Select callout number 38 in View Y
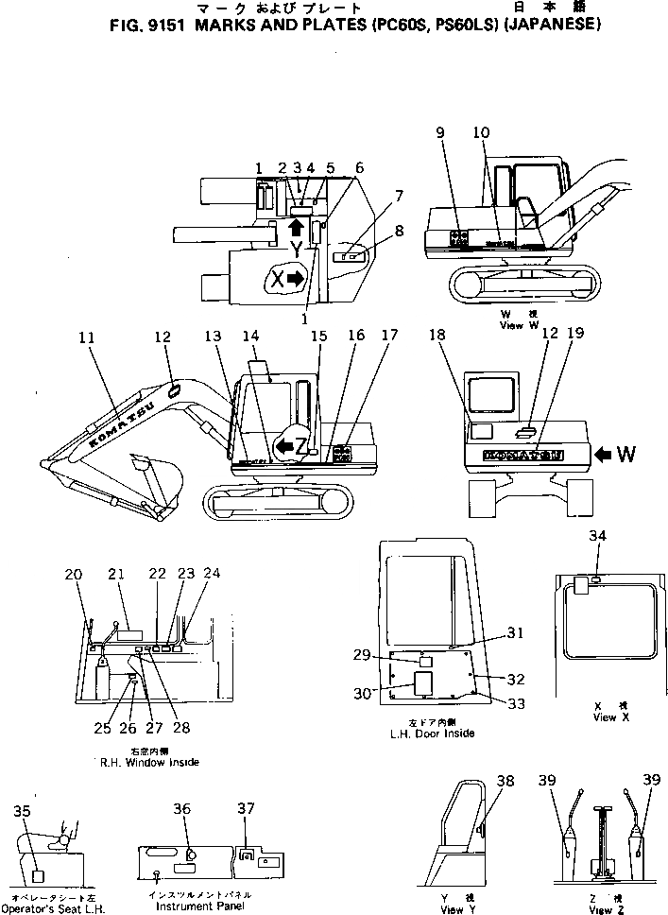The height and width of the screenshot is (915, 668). pos(506,781)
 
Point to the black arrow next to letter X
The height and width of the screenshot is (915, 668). pos(296,278)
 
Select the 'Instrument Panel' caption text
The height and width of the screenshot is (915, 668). pos(200,906)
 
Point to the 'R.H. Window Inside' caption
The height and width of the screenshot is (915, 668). pos(146,762)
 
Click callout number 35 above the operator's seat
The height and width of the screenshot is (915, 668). pos(24,810)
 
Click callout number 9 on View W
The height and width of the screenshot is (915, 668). pos(440,133)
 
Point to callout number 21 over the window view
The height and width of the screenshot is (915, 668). pos(116,574)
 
